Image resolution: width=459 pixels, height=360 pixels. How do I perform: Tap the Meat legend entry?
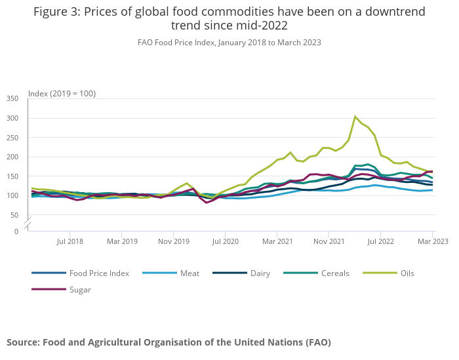pos(190,273)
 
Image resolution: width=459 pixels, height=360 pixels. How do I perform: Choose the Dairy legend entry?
pos(260,273)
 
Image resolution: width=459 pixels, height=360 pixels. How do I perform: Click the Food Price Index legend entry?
pos(99,273)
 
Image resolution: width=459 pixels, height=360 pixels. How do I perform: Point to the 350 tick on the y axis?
pos(12,98)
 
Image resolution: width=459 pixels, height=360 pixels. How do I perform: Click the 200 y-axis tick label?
pos(12,157)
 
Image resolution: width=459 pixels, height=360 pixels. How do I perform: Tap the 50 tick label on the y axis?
pos(14,215)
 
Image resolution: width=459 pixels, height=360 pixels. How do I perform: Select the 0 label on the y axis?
pos(16,231)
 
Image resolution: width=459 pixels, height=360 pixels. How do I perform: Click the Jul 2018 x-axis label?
pos(70,241)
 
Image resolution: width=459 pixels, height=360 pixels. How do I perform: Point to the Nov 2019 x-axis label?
pos(173,241)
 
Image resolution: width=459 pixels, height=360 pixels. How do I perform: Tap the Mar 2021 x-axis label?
pos(277,241)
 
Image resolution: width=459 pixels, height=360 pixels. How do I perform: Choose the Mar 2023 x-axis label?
pos(433,241)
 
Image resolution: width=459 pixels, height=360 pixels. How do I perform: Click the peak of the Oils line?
pos(355,117)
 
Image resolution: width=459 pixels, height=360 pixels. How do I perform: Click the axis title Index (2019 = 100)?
pos(62,93)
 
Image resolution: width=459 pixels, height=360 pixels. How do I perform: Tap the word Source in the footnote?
pos(24,342)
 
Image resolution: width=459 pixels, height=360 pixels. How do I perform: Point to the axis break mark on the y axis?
pos(28,224)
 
